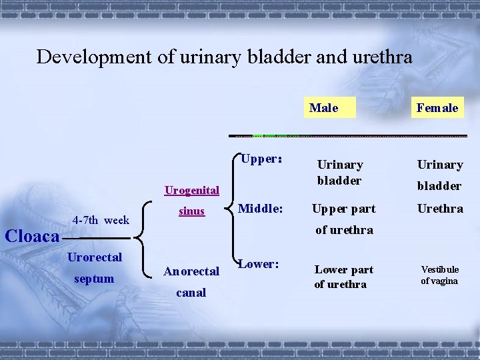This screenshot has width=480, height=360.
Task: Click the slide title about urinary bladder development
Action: click(224, 57)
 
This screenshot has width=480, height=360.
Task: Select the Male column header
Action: click(323, 107)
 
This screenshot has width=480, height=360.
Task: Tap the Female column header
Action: click(437, 107)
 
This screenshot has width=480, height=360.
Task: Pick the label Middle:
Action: click(261, 209)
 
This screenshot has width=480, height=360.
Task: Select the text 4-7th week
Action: click(101, 220)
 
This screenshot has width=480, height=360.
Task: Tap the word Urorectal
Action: click(95, 257)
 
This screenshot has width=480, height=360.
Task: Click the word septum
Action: click(94, 279)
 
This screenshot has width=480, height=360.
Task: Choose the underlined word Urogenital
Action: click(192, 191)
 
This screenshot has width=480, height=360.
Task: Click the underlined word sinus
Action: click(191, 211)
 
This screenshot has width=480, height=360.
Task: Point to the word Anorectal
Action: click(191, 271)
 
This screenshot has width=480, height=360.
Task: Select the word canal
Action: click(191, 293)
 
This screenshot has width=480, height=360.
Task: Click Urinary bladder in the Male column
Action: click(340, 172)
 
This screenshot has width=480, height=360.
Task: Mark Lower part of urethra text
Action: click(343, 277)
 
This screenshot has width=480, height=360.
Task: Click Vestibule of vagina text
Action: click(439, 275)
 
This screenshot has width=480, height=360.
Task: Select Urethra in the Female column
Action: click(439, 209)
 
